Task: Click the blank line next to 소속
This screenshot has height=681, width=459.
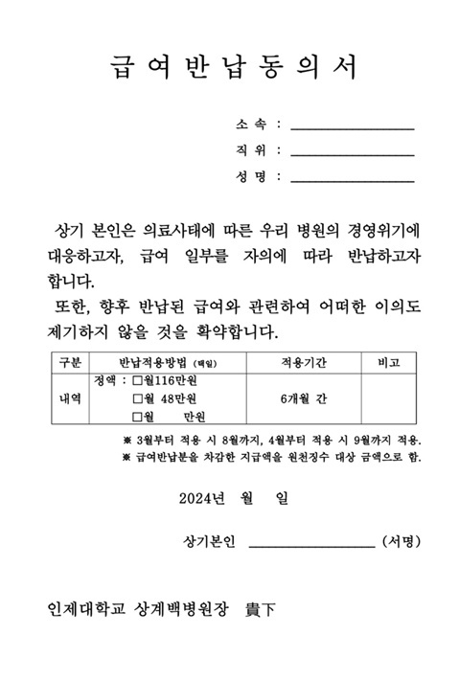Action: (352, 125)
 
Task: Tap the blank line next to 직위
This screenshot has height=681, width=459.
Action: (352, 151)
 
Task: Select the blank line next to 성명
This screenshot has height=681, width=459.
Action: (352, 178)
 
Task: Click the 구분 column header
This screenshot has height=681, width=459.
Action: (71, 363)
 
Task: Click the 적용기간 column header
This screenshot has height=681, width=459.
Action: (304, 363)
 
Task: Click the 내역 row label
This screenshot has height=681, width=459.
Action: (71, 397)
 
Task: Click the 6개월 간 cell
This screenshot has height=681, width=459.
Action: (304, 397)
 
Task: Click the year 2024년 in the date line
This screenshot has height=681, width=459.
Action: (200, 498)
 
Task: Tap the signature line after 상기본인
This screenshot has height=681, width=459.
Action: (311, 542)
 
